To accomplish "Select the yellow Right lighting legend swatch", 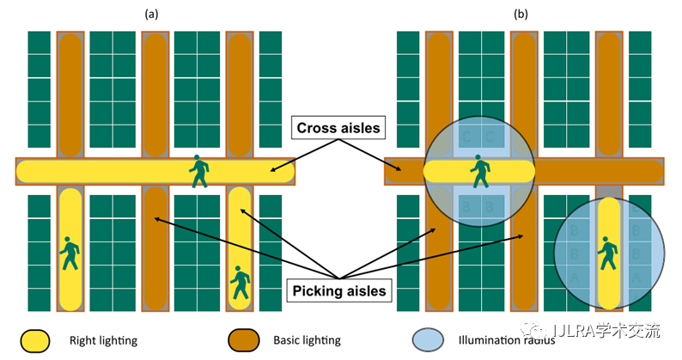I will point(35,340).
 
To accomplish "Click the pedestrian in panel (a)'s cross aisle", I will point(199,171).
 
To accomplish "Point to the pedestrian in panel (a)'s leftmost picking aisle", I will point(70,253).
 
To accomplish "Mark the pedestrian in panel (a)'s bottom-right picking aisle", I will point(241,283).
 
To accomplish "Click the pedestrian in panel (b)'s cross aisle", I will point(478,171).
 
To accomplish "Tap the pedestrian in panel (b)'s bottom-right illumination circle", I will point(609,253).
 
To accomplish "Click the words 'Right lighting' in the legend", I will point(103,341).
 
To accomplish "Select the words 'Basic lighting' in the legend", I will point(308,341).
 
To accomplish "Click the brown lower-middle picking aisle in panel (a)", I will point(155,249).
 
